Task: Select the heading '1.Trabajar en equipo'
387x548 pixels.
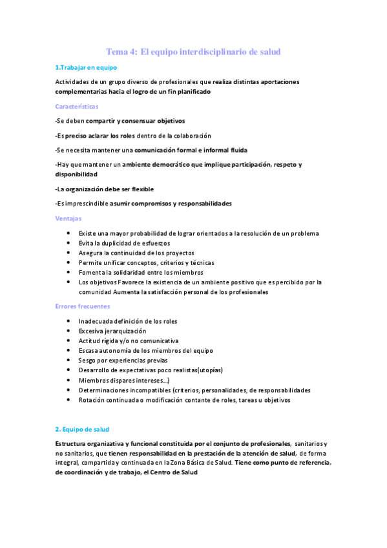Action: coord(86,67)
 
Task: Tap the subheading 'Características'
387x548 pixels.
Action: coord(77,106)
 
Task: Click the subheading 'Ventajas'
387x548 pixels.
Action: coord(68,218)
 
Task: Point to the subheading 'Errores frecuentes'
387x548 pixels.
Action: coord(82,306)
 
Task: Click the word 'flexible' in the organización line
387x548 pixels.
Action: coord(139,189)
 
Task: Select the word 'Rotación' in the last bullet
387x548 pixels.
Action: coord(92,400)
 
